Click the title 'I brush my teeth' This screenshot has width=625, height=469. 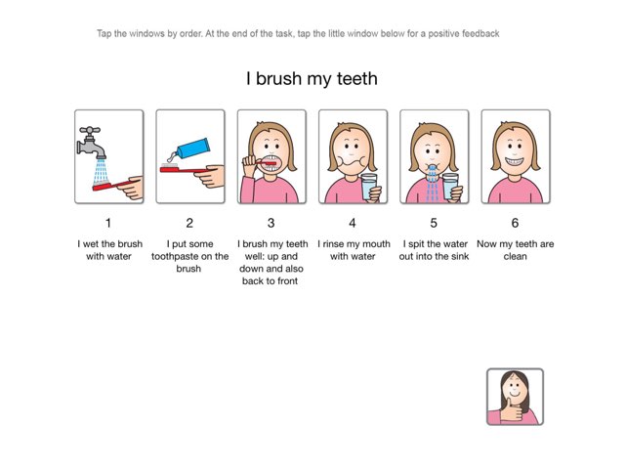(311, 78)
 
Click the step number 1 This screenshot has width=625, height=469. (108, 223)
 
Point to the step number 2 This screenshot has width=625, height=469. (189, 223)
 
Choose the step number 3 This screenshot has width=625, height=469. (271, 223)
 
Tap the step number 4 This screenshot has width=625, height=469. (353, 223)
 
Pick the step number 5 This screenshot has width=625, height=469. (434, 223)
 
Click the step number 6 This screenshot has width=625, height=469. (515, 223)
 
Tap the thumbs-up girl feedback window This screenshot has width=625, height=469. (515, 397)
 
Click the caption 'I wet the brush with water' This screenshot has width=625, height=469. (108, 249)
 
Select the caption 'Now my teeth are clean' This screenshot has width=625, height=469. (515, 249)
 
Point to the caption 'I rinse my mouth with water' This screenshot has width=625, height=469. (353, 249)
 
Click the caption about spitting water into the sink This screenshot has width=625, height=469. (434, 249)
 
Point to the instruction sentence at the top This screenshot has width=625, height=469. (299, 33)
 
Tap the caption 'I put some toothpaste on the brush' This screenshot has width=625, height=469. (189, 255)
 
